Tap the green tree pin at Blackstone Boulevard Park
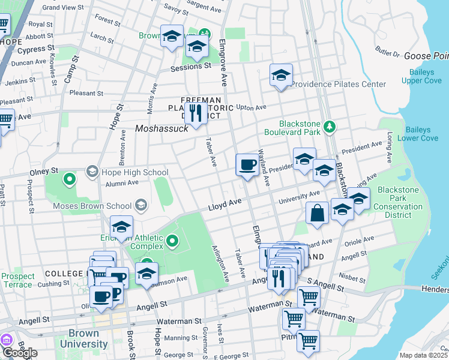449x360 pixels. [x=329, y=127]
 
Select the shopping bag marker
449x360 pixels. [x=317, y=214]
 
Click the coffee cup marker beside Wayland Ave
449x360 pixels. [x=247, y=165]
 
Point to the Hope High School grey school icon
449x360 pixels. [x=92, y=172]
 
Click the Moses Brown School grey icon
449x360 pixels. [x=140, y=206]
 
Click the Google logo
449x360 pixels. [x=20, y=353]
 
